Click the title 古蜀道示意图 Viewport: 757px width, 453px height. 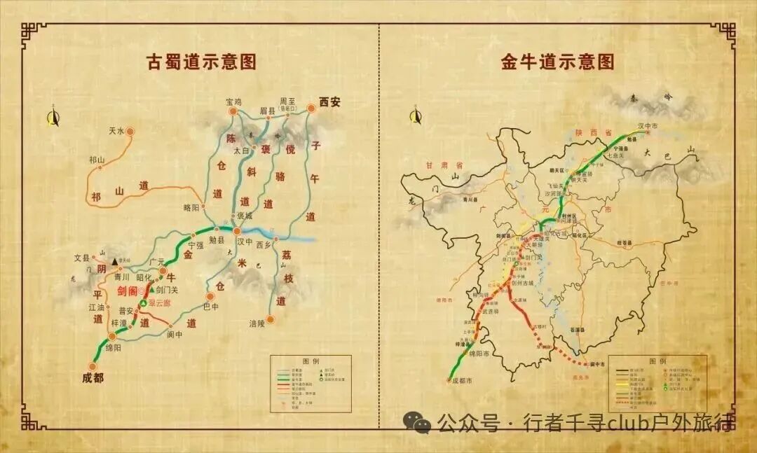pos(200,62)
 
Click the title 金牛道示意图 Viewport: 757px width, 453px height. pos(557,62)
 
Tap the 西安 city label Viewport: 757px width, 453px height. pos(329,102)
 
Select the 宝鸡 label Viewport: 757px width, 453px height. pos(233,102)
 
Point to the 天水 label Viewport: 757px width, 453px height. pos(116,131)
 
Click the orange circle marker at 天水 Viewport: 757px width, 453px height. pos(130,131)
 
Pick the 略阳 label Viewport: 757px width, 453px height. pos(191,207)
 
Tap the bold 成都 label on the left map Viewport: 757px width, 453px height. pos(92,378)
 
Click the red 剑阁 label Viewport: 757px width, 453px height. pos(127,291)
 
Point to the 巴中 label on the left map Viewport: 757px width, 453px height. pos(210,306)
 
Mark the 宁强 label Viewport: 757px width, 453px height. pos(195,245)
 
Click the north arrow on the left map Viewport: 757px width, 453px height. pos(53,118)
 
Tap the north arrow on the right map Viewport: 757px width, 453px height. pos(414,116)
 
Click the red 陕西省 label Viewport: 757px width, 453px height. pos(594,132)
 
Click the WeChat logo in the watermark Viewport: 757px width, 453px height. pos(421,423)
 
